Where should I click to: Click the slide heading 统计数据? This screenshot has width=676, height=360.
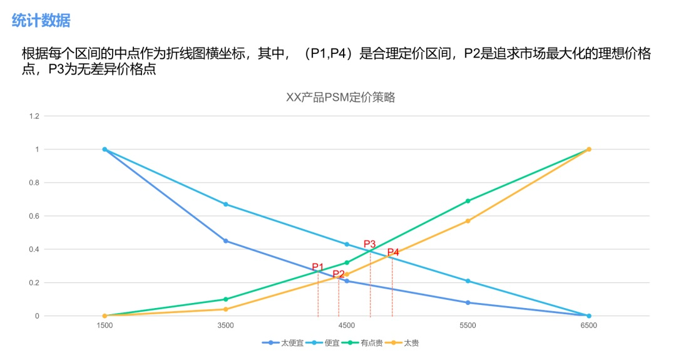point(41,21)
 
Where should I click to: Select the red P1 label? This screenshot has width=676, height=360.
point(318,267)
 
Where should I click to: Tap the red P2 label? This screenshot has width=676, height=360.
point(339,274)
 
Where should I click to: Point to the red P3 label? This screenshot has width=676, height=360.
point(370,244)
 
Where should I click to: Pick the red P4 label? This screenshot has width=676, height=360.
point(392,253)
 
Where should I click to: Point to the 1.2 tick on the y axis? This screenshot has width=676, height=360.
point(34,116)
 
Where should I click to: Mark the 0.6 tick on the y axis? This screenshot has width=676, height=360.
point(34,216)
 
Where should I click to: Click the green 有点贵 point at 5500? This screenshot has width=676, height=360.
point(468,201)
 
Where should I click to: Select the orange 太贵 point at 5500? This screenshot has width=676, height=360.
point(468,221)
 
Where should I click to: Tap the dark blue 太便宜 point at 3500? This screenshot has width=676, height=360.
point(225,241)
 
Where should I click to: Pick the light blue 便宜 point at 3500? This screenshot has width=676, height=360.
point(225,204)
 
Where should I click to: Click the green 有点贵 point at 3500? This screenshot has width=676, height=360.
point(225,299)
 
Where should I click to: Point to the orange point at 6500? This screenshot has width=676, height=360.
point(589,149)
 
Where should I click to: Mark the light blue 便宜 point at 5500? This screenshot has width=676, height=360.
point(468,281)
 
